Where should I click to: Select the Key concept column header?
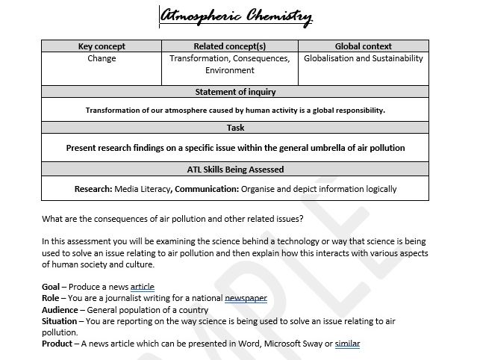click(x=102, y=46)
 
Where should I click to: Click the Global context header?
click(x=364, y=46)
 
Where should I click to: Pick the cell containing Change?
click(x=102, y=58)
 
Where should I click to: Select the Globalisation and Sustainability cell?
click(x=364, y=58)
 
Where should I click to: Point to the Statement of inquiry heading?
click(x=235, y=92)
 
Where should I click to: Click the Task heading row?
click(x=235, y=128)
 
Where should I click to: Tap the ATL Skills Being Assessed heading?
click(x=235, y=170)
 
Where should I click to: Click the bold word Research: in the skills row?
click(x=93, y=189)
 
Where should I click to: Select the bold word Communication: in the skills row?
click(x=205, y=189)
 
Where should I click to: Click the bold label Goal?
click(x=52, y=287)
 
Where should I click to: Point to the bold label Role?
click(x=52, y=298)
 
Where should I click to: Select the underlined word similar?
click(x=348, y=343)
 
